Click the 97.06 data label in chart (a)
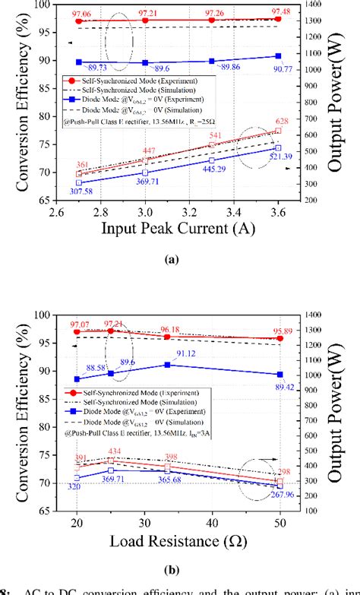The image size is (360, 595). [80, 13]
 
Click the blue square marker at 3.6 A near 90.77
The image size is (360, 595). [279, 56]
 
